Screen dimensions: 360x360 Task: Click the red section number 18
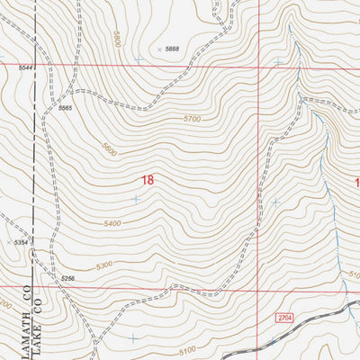(x=147, y=180)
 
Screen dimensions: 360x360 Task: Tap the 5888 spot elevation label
(x=173, y=49)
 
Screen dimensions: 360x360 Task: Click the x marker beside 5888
(x=160, y=49)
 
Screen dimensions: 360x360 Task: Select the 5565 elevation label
(x=65, y=108)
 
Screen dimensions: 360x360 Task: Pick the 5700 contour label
(x=191, y=119)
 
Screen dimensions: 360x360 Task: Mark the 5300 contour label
(x=103, y=265)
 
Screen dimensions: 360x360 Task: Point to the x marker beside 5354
(x=7, y=243)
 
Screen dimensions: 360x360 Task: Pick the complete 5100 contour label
(x=187, y=351)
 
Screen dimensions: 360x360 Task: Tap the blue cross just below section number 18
(x=136, y=199)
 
